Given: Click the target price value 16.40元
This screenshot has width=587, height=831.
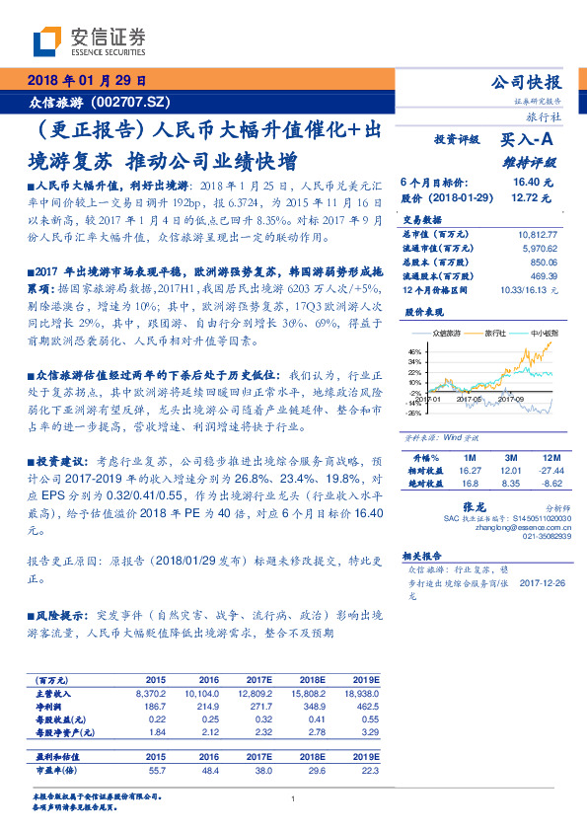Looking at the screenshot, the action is pyautogui.click(x=529, y=184).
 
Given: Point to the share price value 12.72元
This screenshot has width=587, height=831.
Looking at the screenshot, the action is pyautogui.click(x=529, y=197).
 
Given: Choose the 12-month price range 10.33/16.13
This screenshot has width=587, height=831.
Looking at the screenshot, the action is pyautogui.click(x=530, y=290).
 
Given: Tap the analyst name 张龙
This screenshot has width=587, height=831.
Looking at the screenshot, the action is pyautogui.click(x=488, y=505).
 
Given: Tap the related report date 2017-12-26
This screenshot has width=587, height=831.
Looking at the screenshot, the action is pyautogui.click(x=544, y=582).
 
